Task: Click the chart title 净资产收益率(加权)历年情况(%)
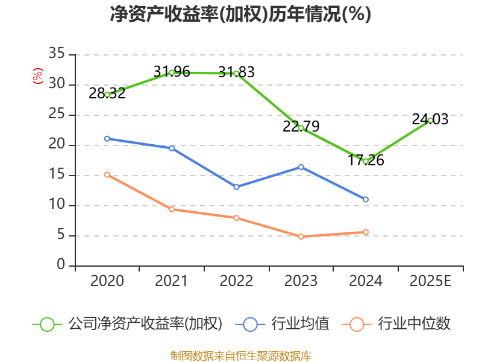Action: pos(240,14)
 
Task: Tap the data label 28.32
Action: pos(107,94)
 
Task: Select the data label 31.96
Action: pos(172,72)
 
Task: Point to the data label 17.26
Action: pos(366,160)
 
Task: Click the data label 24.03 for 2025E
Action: pos(430,119)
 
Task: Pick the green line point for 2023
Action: pos(301,128)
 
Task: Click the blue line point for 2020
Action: pos(107,139)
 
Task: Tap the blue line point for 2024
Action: pos(366,200)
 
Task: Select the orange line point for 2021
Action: pos(172,209)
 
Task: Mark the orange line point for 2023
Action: pos(301,237)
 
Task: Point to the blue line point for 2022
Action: pos(236,187)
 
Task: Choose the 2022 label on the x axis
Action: pos(236,281)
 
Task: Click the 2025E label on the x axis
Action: pos(430,281)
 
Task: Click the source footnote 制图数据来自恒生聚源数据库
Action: pos(240,355)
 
